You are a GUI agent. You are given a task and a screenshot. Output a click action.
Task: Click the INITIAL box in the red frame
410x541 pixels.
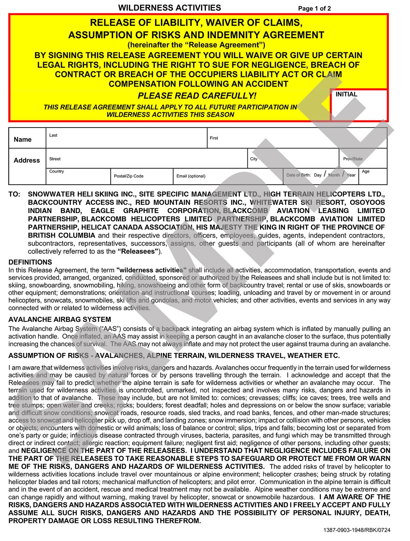click(359, 105)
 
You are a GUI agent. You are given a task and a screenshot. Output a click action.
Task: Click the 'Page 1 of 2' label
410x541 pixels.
click(314, 9)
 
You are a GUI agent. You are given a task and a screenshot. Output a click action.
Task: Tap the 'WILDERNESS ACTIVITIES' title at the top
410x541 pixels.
click(169, 8)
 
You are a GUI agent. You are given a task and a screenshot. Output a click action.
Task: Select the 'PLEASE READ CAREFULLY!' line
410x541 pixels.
click(196, 96)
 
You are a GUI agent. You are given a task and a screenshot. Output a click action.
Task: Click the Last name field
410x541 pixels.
click(126, 138)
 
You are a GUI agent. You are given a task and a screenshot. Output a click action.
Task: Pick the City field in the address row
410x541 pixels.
click(293, 159)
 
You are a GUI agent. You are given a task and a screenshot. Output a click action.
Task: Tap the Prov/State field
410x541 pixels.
click(363, 159)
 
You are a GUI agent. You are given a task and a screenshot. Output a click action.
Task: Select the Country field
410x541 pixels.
click(78, 176)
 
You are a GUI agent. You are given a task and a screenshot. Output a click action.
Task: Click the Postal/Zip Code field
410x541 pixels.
click(141, 176)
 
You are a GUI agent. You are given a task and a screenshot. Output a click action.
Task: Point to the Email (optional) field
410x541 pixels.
click(228, 176)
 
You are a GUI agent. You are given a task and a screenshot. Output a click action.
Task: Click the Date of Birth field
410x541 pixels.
click(321, 175)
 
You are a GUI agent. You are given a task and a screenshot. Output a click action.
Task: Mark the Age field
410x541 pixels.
click(373, 176)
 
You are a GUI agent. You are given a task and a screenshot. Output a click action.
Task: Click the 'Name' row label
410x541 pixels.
click(23, 140)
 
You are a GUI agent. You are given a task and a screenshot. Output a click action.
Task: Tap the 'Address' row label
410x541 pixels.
click(27, 160)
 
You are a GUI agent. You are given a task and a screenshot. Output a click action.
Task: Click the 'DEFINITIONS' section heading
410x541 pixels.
click(30, 262)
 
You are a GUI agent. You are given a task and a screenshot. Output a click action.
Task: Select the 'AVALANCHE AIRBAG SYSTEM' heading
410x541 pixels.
click(60, 320)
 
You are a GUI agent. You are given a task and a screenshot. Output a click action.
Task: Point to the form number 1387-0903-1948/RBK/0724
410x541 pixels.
click(356, 530)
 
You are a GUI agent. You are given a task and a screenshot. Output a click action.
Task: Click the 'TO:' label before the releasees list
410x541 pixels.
click(14, 194)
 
